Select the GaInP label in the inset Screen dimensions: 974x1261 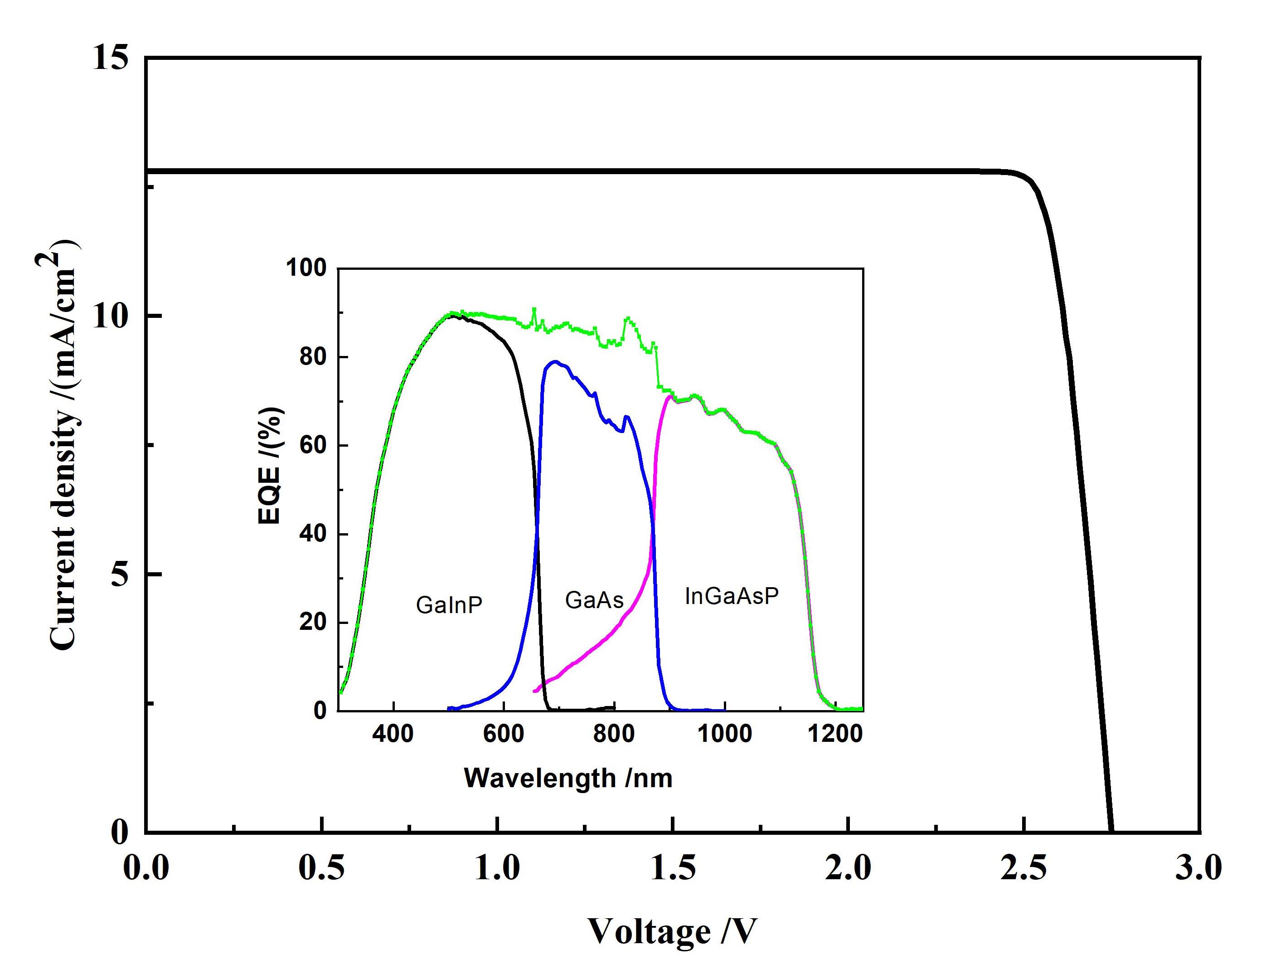(x=449, y=605)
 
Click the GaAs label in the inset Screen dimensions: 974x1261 (x=594, y=601)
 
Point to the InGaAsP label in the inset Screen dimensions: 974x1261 (x=732, y=596)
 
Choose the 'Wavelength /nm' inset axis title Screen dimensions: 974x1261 (x=568, y=778)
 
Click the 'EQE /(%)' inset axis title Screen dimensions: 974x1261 (x=269, y=466)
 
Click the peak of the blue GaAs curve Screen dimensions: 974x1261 (x=555, y=362)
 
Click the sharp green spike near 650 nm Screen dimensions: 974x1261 (x=534, y=309)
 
